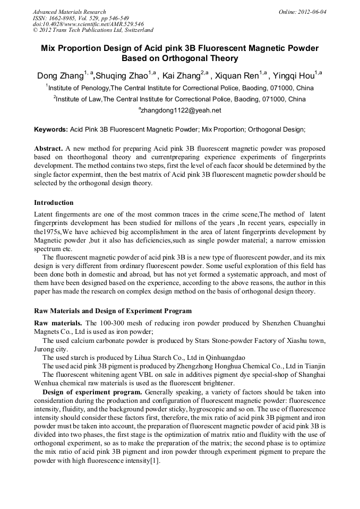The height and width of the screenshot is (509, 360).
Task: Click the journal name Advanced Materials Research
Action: (69, 12)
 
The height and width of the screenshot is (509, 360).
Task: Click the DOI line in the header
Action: (88, 24)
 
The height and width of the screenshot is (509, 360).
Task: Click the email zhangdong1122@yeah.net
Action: (180, 110)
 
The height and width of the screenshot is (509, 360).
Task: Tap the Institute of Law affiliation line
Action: (179, 99)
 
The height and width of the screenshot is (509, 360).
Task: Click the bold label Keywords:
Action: (51, 130)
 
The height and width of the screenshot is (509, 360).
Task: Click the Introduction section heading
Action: (54, 203)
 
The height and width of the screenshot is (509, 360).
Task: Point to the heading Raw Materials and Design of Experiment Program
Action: (113, 310)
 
